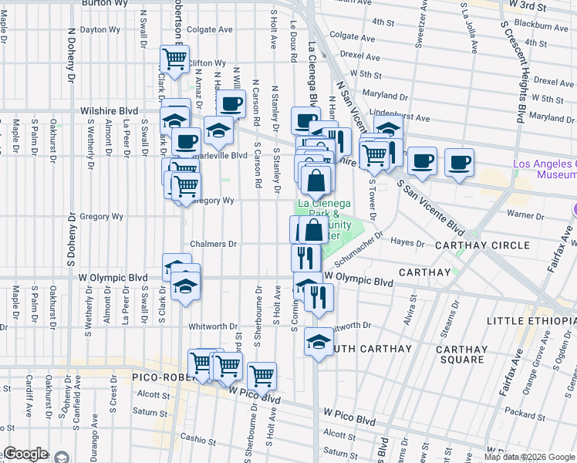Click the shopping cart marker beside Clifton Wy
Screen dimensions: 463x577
pyautogui.click(x=175, y=59)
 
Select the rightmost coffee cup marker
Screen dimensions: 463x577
pyautogui.click(x=459, y=162)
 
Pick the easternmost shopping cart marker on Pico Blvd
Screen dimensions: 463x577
pyautogui.click(x=262, y=376)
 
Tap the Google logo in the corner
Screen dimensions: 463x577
pyautogui.click(x=25, y=454)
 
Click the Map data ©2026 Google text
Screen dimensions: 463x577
pyautogui.click(x=529, y=457)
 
